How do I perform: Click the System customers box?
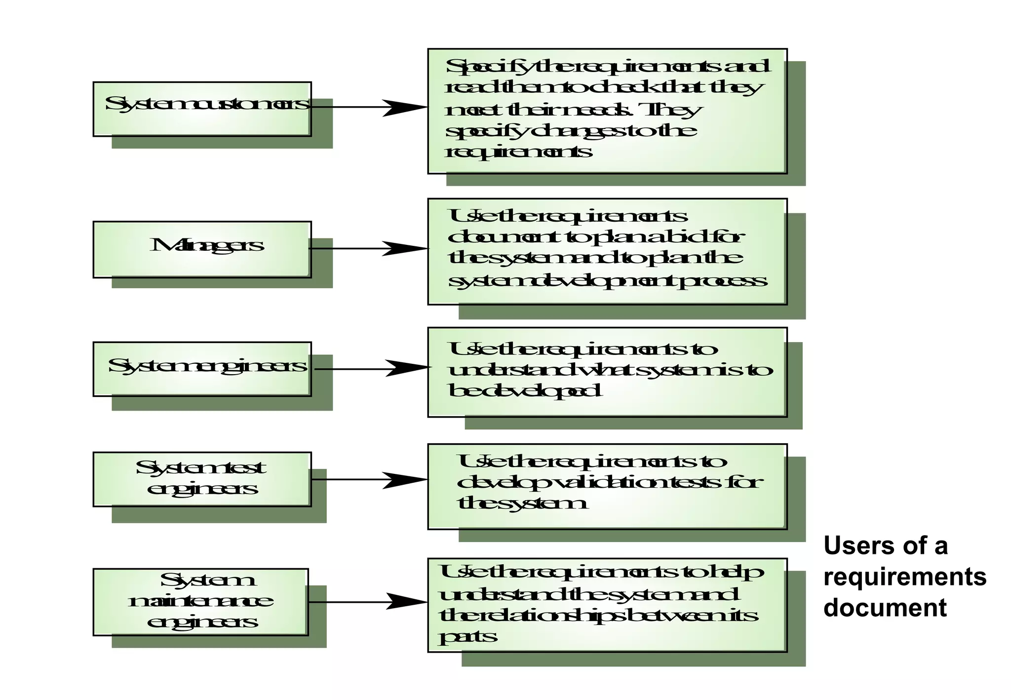coord(202,109)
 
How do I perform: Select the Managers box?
coord(202,249)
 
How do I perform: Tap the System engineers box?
coord(202,369)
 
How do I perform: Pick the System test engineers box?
coord(202,479)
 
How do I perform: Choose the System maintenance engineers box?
coord(200,602)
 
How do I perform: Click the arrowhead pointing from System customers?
coord(405,107)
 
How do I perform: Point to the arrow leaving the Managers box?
coord(368,248)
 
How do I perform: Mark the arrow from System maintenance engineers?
coord(368,602)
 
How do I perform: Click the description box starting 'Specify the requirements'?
coord(607,111)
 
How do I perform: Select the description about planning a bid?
coord(607,251)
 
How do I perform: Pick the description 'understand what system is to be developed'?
coord(607,372)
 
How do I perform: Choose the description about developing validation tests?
coord(607,487)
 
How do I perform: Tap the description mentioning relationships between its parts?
coord(607,605)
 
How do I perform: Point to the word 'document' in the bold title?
coord(885,608)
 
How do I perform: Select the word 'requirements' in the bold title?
coord(905,577)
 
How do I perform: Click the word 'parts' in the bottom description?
coord(467,636)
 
